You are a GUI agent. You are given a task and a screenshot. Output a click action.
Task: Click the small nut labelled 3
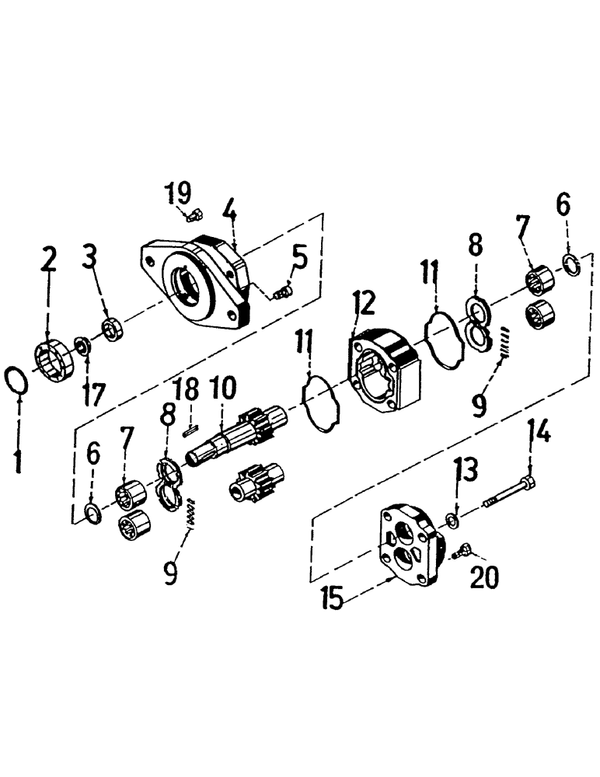point(113,328)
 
